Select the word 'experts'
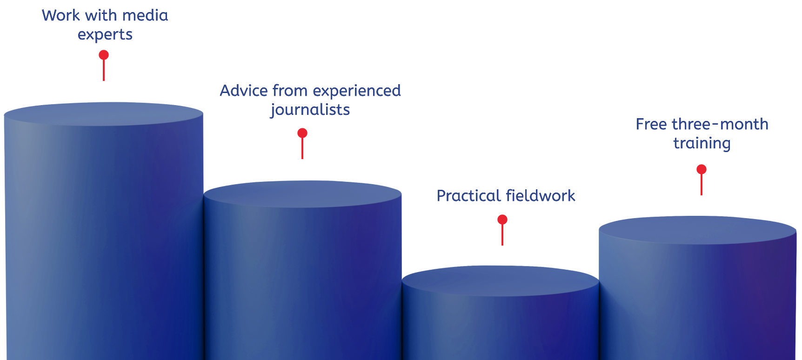105,35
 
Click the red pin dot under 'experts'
104,55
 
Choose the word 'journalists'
310,110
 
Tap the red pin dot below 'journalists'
302,133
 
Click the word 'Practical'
469,196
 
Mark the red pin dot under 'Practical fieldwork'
502,220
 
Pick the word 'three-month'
720,125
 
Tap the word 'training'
702,144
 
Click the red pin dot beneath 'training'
702,170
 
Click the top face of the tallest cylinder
103,114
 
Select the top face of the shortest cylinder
500,280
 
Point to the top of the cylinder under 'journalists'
302,193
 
